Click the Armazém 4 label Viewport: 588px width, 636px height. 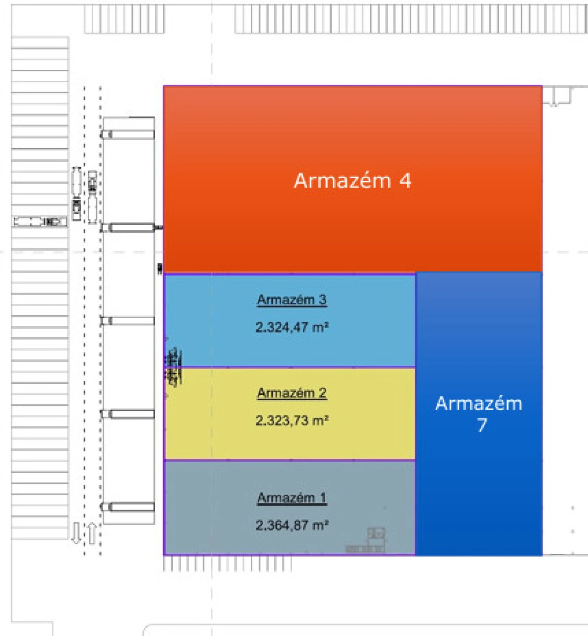(x=352, y=181)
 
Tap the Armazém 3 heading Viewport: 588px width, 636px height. (x=292, y=300)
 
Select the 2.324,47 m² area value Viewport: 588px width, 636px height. (x=292, y=327)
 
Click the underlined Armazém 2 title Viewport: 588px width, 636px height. (x=292, y=393)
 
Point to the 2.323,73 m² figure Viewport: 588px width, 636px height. (x=292, y=420)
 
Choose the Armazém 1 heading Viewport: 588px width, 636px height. (x=292, y=498)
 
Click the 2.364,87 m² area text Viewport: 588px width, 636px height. (x=292, y=525)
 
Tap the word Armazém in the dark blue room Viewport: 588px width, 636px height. (x=479, y=403)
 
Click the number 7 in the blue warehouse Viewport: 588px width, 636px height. (x=481, y=425)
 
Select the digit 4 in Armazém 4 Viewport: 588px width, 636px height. (x=405, y=181)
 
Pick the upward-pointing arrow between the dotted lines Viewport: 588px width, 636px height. (x=92, y=533)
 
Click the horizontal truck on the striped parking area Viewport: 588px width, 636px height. (x=40, y=221)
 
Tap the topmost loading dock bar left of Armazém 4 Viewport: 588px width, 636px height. (x=130, y=135)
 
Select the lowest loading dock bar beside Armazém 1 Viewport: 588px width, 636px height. (x=130, y=507)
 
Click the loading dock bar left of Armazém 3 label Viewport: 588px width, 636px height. (x=130, y=321)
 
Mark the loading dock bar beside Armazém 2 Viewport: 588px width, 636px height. (x=130, y=414)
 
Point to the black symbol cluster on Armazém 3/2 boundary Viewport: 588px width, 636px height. (x=173, y=367)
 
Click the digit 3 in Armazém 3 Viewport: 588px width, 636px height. (x=322, y=300)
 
